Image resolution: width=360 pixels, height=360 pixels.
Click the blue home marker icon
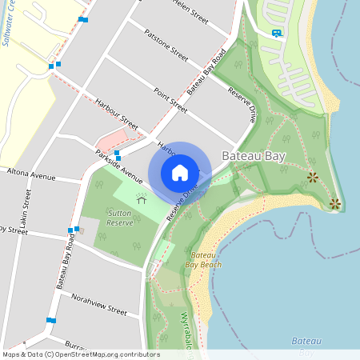(180, 172)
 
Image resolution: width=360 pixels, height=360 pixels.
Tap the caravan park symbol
(276, 33)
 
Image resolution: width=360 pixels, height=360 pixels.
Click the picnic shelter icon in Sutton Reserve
(142, 199)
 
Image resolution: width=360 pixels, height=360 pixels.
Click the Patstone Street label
(166, 46)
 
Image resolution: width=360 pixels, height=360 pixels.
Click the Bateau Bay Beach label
(203, 258)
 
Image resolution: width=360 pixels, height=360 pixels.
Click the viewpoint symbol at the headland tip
(335, 204)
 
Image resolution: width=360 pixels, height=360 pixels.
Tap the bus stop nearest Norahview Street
(51, 320)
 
